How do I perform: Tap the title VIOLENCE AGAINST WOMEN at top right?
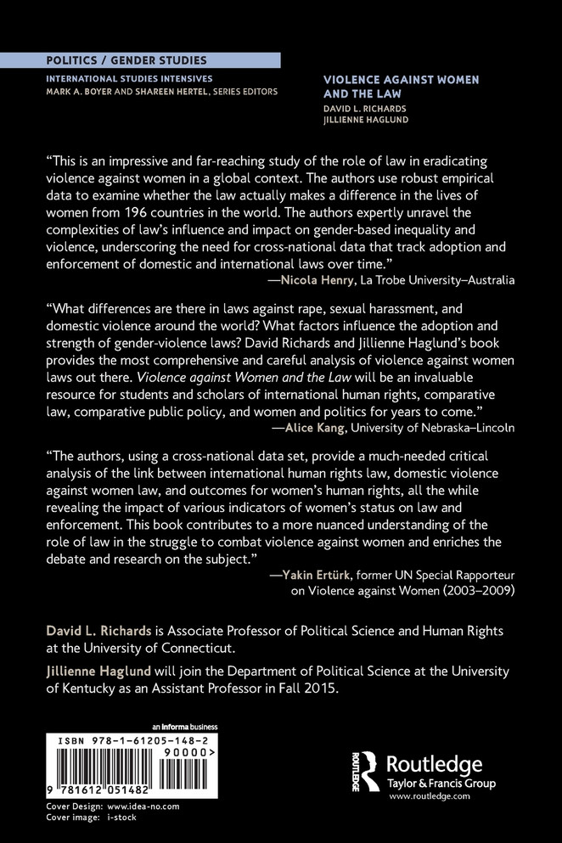click(401, 79)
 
